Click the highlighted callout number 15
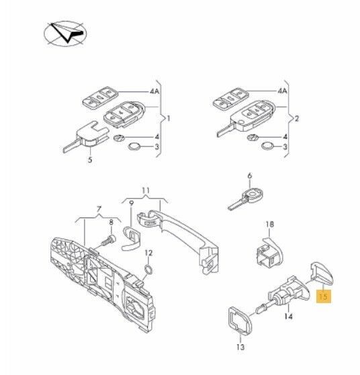coord(323,296)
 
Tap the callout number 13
coord(240,347)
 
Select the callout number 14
coord(288,317)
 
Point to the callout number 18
coord(269,224)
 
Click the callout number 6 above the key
coord(250,176)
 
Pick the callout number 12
coord(148,253)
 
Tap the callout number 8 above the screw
coord(111,222)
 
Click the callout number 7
coord(99,210)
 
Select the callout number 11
coord(146,190)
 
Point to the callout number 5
coord(90,159)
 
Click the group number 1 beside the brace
coord(169,118)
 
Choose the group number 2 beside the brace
coord(297,118)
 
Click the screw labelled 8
coord(108,241)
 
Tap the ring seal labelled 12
coord(148,269)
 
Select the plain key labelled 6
coord(245,198)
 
